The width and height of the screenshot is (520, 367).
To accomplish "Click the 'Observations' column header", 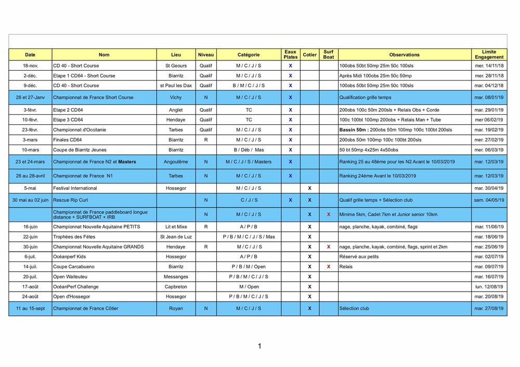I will [404, 55].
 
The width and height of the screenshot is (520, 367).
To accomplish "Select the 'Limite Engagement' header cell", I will [489, 55].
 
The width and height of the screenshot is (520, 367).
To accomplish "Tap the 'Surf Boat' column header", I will [329, 55].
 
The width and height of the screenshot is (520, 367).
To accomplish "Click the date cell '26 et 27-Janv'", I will [31, 97].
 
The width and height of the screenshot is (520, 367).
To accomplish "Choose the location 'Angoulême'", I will [176, 162].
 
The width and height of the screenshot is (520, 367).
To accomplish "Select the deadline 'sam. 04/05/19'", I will [489, 200].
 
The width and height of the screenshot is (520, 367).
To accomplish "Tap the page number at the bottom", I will [259, 346].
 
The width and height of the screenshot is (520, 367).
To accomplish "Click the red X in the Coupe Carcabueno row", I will [329, 267].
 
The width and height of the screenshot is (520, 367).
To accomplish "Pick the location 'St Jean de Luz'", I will [176, 237].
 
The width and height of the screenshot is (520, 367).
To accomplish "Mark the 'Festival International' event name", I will [75, 188].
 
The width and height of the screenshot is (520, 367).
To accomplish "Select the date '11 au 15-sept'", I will [31, 308].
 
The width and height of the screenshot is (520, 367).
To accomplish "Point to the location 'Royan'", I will [176, 308].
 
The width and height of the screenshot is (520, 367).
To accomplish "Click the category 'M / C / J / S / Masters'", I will [249, 162].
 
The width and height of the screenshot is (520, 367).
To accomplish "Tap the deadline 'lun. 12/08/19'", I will [489, 286].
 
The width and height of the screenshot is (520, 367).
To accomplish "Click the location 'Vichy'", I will [176, 97].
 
